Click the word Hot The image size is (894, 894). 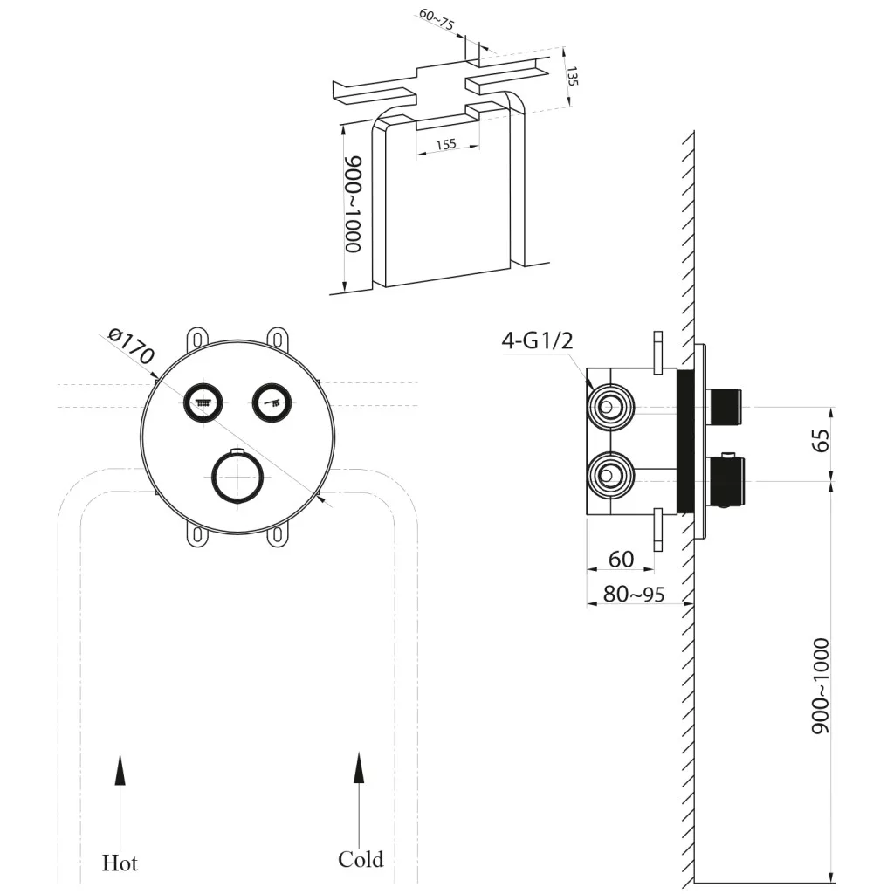[120, 863]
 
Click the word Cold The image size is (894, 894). [361, 860]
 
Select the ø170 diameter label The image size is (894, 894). [131, 346]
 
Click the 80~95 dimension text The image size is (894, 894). [635, 595]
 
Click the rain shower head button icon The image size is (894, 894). [203, 402]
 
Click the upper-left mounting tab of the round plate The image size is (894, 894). [199, 337]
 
